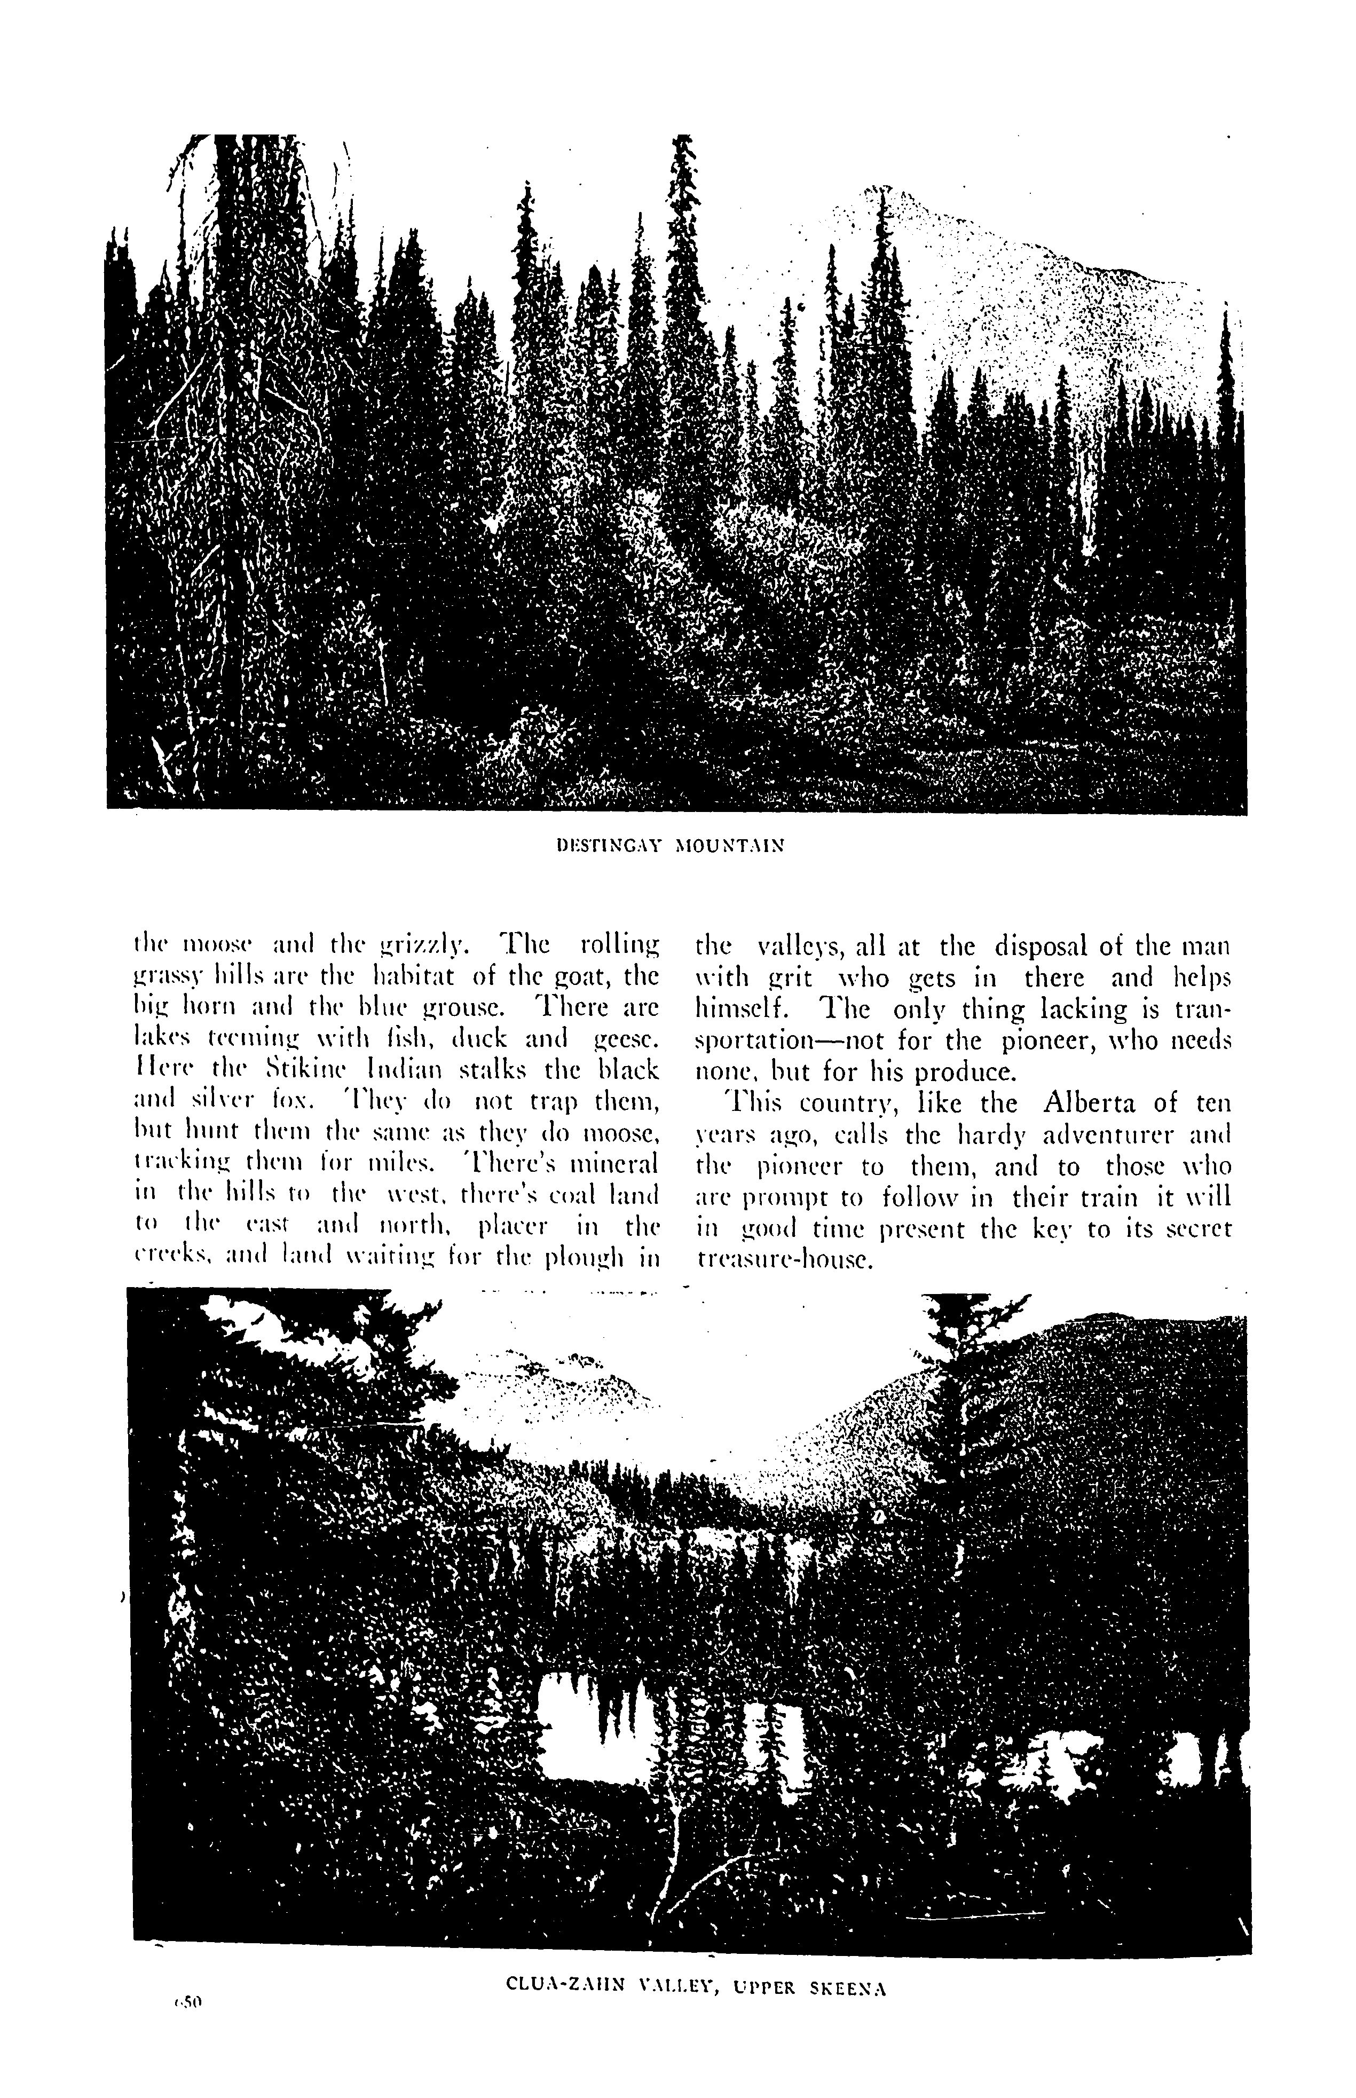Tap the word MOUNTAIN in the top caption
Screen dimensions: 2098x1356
pos(729,846)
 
